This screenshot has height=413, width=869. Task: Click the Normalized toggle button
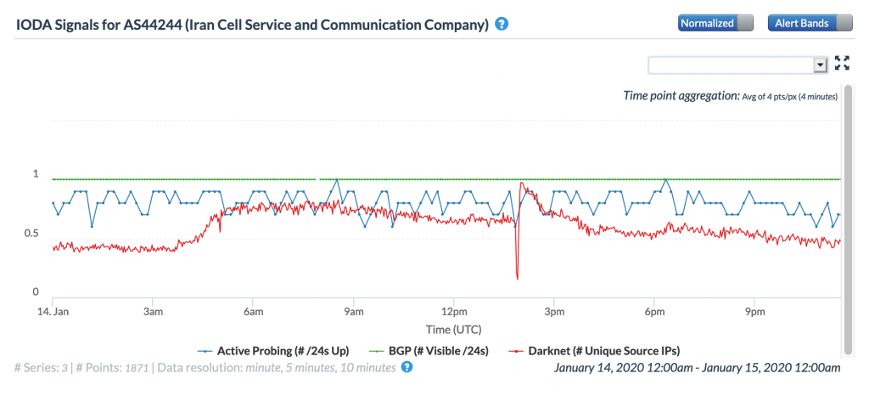pyautogui.click(x=715, y=23)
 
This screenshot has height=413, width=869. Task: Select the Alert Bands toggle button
pyautogui.click(x=810, y=23)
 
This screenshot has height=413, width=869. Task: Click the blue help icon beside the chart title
pyautogui.click(x=502, y=24)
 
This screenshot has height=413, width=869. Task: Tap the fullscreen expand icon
pyautogui.click(x=842, y=63)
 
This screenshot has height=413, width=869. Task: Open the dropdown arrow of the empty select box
pyautogui.click(x=820, y=65)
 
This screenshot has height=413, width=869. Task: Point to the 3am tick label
pyautogui.click(x=153, y=312)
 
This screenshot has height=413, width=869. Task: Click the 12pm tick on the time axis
pyautogui.click(x=454, y=312)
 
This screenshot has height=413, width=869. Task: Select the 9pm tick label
pyautogui.click(x=754, y=312)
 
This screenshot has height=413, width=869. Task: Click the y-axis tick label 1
pyautogui.click(x=36, y=174)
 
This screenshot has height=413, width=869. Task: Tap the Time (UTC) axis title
pyautogui.click(x=447, y=328)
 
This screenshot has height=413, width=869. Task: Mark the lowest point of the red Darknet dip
pyautogui.click(x=517, y=278)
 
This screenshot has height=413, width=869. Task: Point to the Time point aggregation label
pyautogui.click(x=681, y=96)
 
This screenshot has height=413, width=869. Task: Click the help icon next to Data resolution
pyautogui.click(x=406, y=367)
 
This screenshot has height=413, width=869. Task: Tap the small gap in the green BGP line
pyautogui.click(x=317, y=179)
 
